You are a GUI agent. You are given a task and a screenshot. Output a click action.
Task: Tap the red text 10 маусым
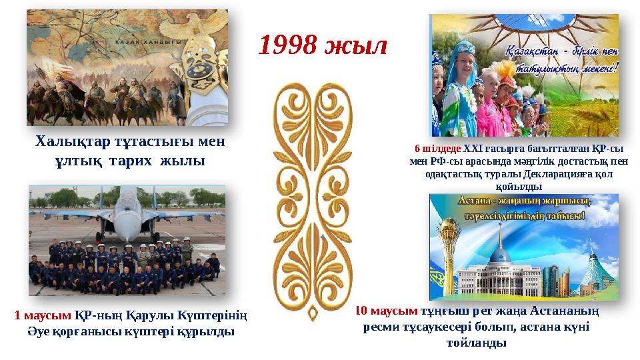pyautogui.click(x=386, y=311)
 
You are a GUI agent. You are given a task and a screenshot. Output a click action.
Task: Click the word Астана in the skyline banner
pyautogui.click(x=476, y=201)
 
